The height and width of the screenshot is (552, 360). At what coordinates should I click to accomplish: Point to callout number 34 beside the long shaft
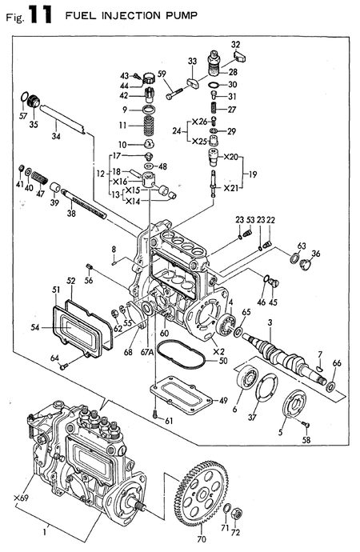[x=55, y=137]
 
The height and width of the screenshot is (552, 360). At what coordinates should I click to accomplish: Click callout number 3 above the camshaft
[x=270, y=322]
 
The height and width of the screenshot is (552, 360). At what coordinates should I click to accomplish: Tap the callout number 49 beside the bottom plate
[x=224, y=400]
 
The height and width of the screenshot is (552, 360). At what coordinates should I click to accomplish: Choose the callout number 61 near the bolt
[x=169, y=422]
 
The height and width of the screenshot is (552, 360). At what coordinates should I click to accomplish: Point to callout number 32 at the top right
[x=236, y=44]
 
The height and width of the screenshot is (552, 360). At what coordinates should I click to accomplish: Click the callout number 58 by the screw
[x=306, y=442]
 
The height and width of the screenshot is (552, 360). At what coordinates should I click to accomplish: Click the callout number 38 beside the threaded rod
[x=70, y=214]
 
